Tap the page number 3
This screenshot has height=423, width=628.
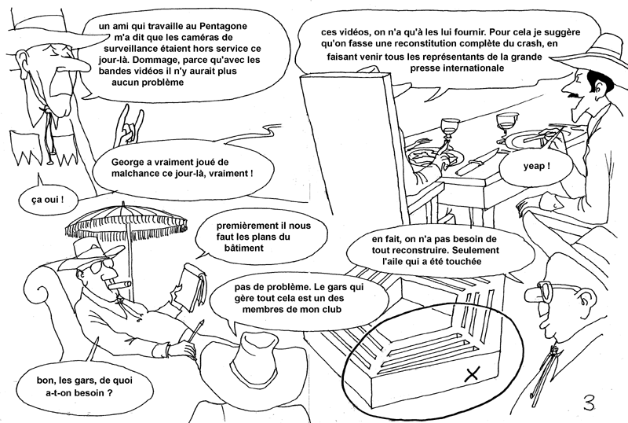[589, 403]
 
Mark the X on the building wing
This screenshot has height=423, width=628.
[473, 374]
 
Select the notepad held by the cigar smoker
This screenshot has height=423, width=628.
[194, 285]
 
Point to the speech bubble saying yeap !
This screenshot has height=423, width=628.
[536, 167]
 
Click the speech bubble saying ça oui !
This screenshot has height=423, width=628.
[47, 200]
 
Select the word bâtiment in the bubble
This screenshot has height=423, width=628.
[244, 248]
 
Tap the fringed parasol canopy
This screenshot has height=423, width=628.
[127, 221]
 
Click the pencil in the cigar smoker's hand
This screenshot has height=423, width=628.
[193, 334]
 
